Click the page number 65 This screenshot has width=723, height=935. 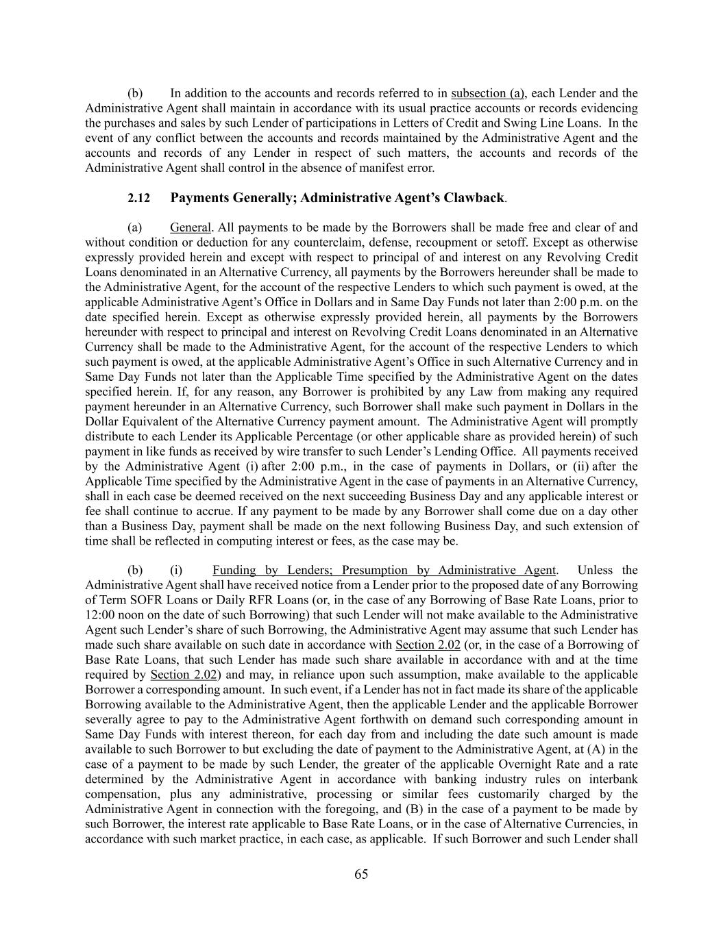(x=361, y=874)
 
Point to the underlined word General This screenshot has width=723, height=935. (x=190, y=227)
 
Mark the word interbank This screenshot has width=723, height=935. (x=613, y=780)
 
